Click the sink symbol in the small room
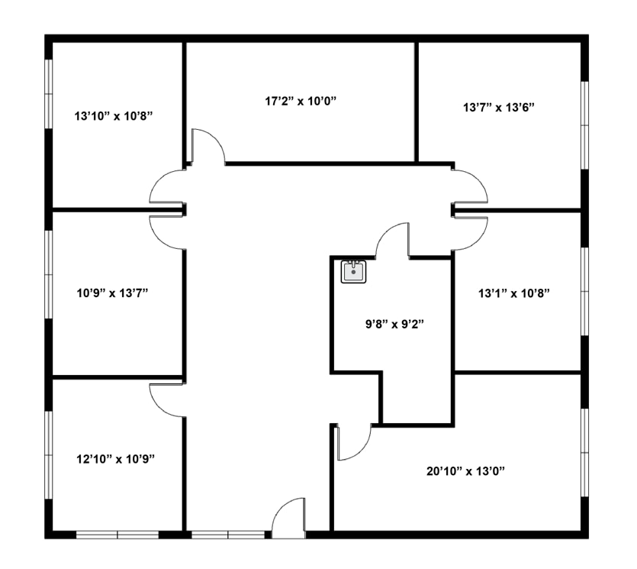tap(353, 271)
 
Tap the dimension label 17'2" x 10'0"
tap(301, 100)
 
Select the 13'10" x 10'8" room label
tap(114, 116)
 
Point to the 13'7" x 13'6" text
tap(499, 108)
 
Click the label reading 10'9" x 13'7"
tap(114, 293)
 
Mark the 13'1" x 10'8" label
tap(513, 293)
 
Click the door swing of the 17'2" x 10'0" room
tap(207, 147)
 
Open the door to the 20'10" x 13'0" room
tap(352, 443)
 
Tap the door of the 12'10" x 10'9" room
tap(166, 398)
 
